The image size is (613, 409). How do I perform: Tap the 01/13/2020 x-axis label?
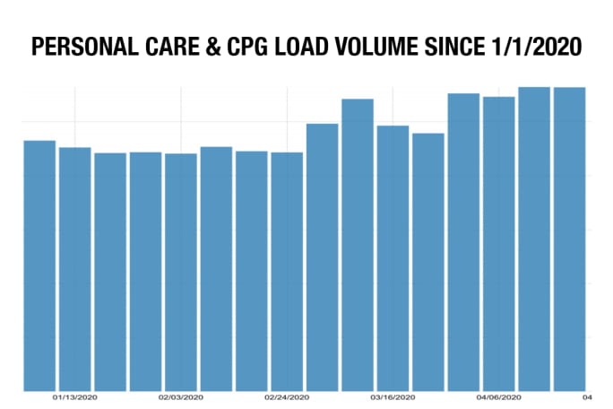(x=74, y=397)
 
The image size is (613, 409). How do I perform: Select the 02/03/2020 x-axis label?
(x=181, y=397)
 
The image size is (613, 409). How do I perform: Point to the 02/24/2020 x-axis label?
(x=287, y=397)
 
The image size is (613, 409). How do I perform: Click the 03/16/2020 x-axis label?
(x=393, y=397)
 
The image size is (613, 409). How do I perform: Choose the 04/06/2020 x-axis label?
(x=499, y=397)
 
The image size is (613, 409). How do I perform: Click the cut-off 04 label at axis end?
(x=589, y=397)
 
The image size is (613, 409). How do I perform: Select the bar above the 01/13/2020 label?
(x=74, y=269)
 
